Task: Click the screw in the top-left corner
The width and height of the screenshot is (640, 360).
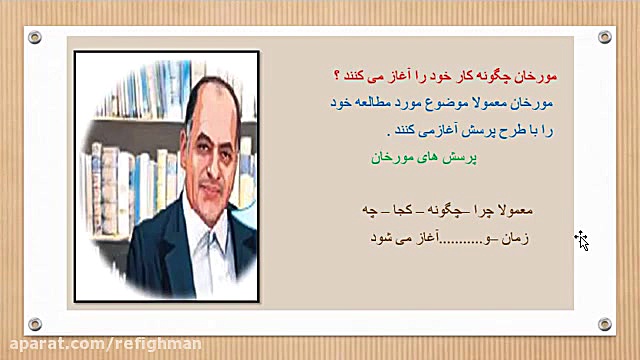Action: coord(35,37)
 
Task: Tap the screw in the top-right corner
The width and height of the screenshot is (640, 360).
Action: coord(604,37)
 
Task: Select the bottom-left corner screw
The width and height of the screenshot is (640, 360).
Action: coord(35,324)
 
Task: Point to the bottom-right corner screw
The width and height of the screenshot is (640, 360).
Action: coord(604,324)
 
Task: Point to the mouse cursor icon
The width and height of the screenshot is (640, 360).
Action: coord(581,239)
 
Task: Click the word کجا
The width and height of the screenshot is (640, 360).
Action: coord(406,212)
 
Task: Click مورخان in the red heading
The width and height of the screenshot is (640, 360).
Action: coord(533,76)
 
